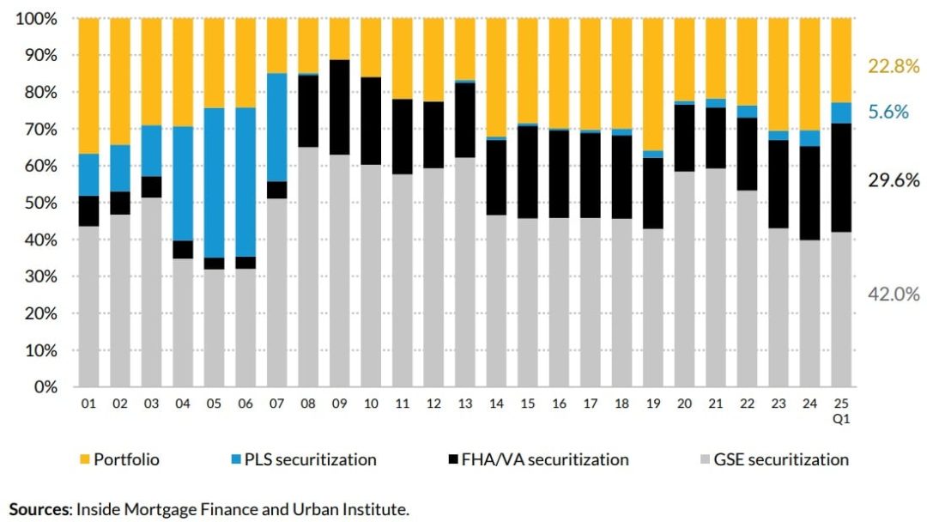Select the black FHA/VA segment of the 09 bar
(339, 107)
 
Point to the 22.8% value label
(894, 65)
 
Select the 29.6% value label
(894, 180)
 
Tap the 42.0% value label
(894, 294)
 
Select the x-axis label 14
(496, 404)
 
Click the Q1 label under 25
(840, 418)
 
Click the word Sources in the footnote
(39, 509)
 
